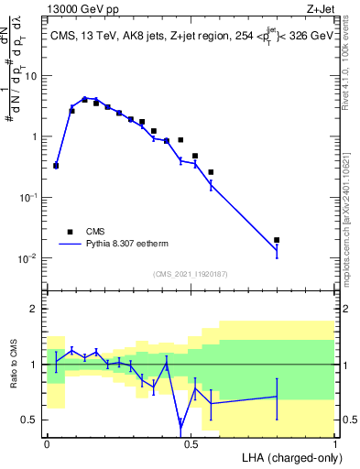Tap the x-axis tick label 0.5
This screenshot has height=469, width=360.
point(191,443)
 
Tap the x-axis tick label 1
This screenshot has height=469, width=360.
point(335,443)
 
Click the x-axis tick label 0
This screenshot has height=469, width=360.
point(47,443)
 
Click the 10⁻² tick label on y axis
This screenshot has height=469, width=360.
point(29,258)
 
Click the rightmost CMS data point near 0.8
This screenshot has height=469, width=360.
point(277,240)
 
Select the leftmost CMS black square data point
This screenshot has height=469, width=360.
point(56,166)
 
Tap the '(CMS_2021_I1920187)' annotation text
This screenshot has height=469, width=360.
point(190,273)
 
